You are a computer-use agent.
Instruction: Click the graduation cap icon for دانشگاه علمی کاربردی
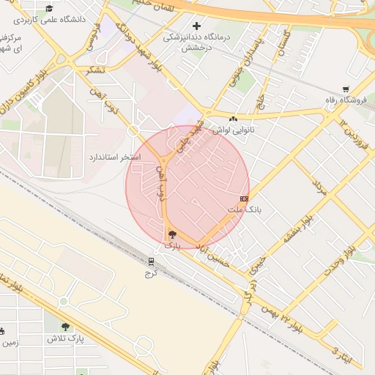(x=49, y=9)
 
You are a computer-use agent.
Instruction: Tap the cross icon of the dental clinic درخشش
(x=196, y=26)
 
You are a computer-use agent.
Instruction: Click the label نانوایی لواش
(x=228, y=130)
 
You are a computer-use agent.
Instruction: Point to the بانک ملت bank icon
(x=244, y=198)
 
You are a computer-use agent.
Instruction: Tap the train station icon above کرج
(x=152, y=261)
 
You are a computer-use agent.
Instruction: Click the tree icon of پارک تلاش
(x=66, y=327)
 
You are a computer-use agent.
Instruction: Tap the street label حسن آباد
(x=213, y=255)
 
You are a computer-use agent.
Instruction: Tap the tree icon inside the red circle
(x=173, y=235)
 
